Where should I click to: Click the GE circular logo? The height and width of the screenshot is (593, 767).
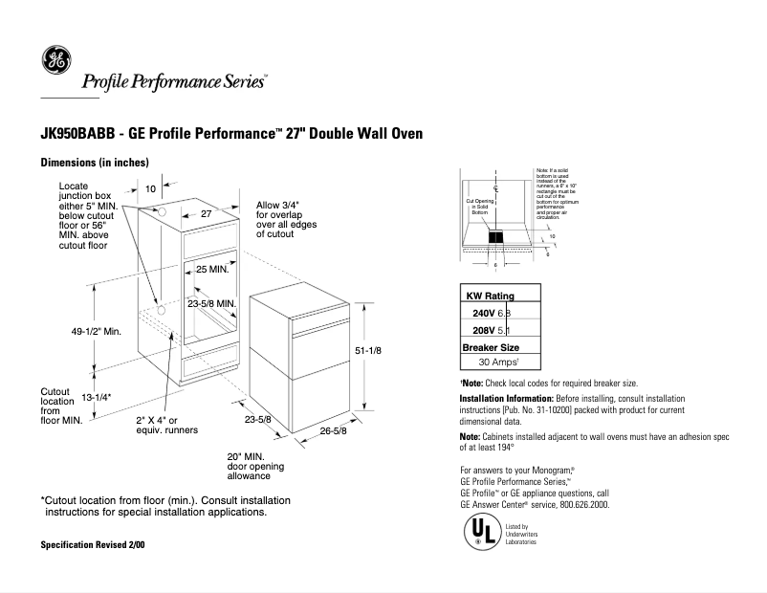coord(55,61)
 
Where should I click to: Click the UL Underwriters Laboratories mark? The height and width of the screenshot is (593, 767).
coord(480,532)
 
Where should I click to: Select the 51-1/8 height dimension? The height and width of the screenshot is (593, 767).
coord(368,351)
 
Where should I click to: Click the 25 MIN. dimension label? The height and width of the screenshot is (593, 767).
coord(212,270)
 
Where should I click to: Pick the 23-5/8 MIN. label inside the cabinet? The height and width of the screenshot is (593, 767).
coord(212,303)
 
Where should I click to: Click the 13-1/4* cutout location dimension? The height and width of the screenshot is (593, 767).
coord(97,397)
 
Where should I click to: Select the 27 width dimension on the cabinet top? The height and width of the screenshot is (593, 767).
coord(205,215)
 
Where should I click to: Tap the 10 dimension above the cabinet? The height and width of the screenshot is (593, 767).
coord(150,189)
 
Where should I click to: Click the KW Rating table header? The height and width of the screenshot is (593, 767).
coord(490,296)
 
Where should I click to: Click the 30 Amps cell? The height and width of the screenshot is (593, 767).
coord(497,363)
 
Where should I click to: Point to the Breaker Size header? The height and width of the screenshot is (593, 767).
coord(491,347)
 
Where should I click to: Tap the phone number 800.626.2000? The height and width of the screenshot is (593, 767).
coord(579,504)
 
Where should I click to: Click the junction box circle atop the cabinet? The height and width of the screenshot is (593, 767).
coord(162,211)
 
